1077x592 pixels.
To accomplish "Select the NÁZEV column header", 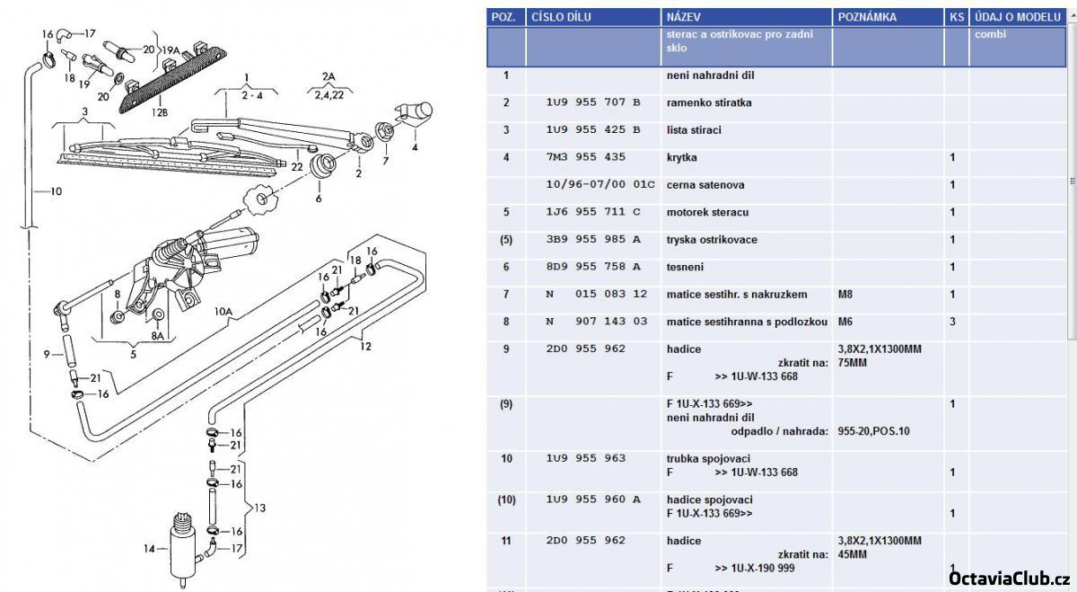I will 683,17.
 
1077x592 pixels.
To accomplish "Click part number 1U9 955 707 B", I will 593,102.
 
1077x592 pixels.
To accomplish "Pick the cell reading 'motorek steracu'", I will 707,212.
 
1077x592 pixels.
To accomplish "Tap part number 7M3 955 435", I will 585,157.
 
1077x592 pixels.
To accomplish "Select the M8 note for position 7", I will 845,295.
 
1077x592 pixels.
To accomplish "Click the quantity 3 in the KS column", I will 952,322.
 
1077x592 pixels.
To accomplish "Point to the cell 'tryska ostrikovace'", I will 712,240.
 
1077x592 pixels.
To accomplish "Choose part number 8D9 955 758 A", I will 593,267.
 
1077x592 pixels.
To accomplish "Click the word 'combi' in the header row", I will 990,34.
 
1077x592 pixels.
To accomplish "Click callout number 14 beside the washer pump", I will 149,548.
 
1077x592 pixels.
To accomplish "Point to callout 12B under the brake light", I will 160,112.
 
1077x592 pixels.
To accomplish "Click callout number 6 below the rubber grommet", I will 318,199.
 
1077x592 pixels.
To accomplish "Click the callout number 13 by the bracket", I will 259,508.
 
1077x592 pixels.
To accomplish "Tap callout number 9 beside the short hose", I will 47,353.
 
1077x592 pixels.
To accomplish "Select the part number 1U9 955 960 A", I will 593,499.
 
